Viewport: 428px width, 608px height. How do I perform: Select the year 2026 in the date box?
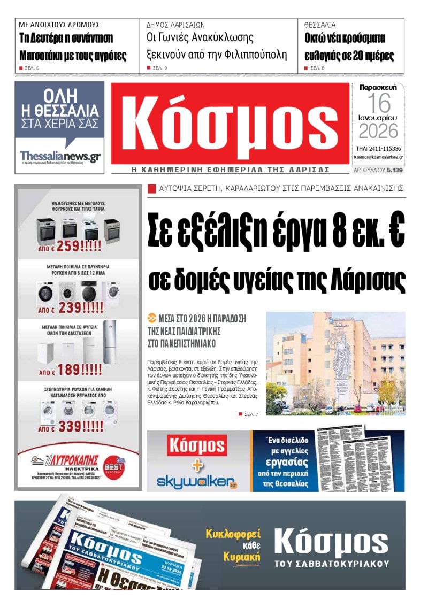[378, 130]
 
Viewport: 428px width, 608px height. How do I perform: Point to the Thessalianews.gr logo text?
[59, 156]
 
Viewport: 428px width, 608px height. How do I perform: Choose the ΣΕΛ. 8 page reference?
[317, 68]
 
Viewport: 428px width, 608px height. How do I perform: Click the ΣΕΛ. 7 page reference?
[251, 414]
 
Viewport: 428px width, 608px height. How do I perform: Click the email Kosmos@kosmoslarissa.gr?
[378, 158]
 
